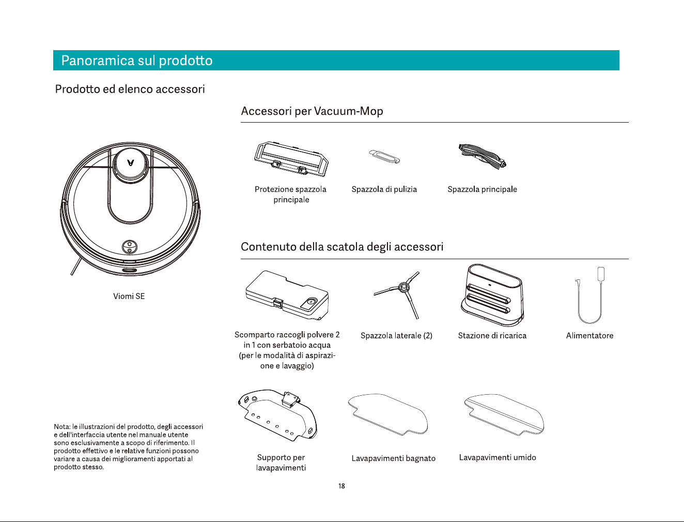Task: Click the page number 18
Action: click(341, 486)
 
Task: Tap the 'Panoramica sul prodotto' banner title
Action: click(137, 61)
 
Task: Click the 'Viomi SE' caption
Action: click(129, 296)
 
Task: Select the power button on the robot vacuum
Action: click(129, 247)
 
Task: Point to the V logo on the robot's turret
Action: click(131, 162)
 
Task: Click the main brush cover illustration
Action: click(291, 159)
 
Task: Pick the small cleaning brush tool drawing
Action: click(384, 157)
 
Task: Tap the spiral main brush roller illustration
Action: click(482, 156)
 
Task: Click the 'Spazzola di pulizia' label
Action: click(384, 189)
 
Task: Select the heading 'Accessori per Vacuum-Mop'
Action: click(312, 111)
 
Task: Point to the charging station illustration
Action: click(492, 295)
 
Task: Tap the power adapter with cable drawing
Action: click(590, 295)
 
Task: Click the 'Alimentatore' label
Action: click(589, 336)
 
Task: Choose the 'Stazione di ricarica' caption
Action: click(492, 336)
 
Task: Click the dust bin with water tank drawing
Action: click(287, 295)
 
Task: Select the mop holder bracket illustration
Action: click(277, 415)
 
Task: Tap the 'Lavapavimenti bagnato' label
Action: click(394, 458)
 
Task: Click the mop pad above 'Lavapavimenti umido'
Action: click(504, 415)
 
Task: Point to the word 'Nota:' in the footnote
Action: click(62, 426)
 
